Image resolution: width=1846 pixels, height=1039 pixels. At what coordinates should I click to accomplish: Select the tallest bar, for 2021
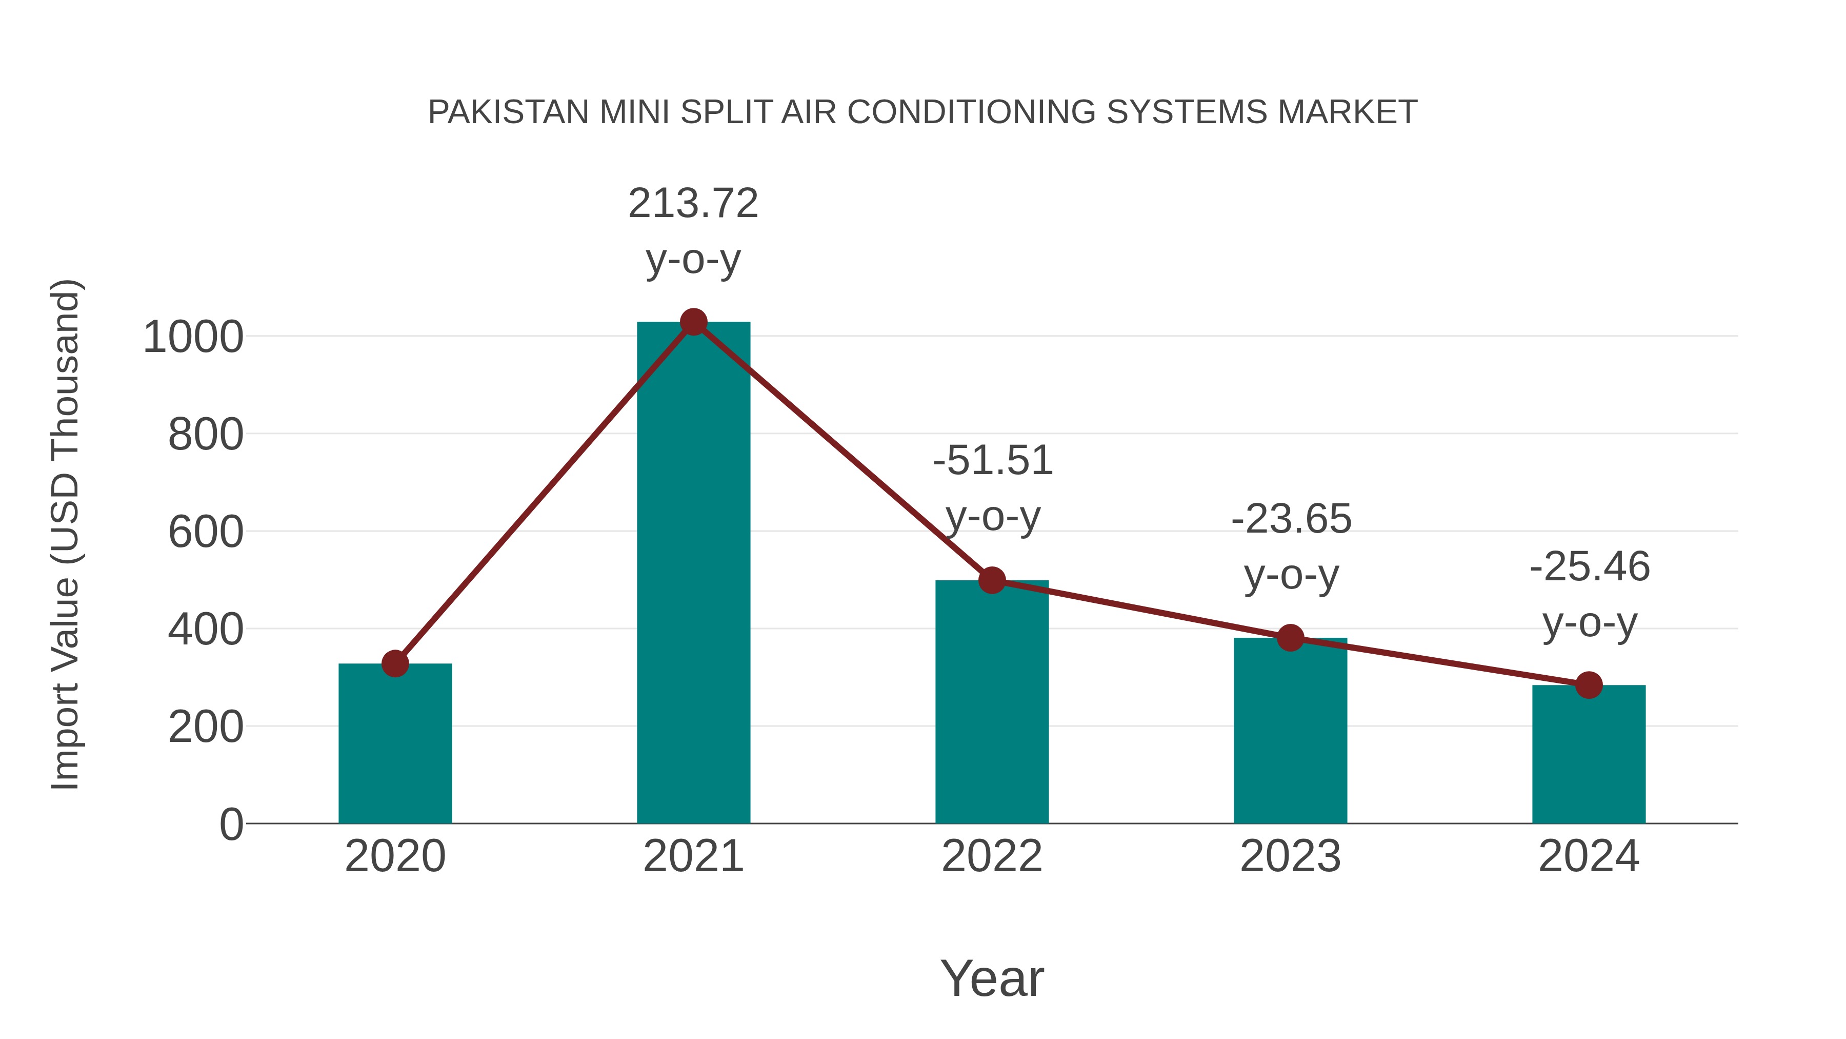(x=693, y=574)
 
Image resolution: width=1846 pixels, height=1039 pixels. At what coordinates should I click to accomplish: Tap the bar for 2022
(x=992, y=703)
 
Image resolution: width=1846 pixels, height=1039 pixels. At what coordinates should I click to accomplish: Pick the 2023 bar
(x=1290, y=731)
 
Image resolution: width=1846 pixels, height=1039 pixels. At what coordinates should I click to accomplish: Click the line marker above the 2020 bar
(x=395, y=663)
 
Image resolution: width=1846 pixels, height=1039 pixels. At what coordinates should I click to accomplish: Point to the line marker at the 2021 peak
(x=693, y=322)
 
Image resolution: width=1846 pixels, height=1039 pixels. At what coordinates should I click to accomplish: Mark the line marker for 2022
(x=992, y=580)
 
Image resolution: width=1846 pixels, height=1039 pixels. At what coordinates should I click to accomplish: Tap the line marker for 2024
(x=1589, y=685)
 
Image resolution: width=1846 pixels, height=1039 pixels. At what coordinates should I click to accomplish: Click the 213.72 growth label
(x=693, y=204)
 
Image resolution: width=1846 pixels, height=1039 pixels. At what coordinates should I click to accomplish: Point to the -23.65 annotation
(x=1291, y=519)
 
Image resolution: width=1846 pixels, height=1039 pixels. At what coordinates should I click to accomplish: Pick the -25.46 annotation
(x=1590, y=567)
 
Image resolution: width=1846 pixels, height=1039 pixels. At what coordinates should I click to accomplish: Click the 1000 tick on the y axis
(x=193, y=337)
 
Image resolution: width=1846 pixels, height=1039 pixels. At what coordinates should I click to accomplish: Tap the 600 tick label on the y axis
(x=206, y=533)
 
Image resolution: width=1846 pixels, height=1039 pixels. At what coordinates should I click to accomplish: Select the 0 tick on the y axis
(x=231, y=825)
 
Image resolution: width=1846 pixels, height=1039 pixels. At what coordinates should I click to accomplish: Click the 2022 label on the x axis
(x=992, y=856)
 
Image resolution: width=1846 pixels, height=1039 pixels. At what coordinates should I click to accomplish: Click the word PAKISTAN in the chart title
(x=509, y=112)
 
